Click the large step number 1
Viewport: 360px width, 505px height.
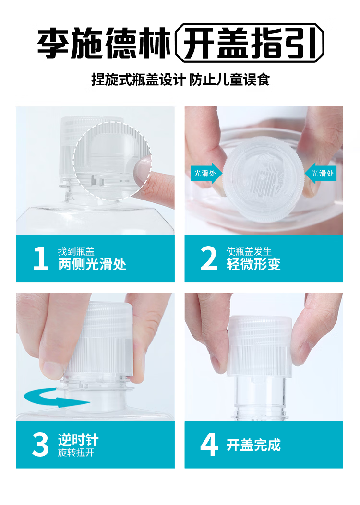click(41, 258)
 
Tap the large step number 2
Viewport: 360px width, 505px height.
click(209, 258)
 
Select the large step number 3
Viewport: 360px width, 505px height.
click(41, 445)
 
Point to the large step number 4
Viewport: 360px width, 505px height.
click(209, 445)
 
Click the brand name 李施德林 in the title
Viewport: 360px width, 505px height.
click(104, 43)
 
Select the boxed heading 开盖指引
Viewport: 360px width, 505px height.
click(249, 43)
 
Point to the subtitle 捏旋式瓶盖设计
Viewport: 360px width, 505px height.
click(138, 80)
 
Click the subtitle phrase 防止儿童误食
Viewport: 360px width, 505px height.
click(229, 80)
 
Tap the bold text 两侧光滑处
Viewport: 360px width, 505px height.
click(92, 264)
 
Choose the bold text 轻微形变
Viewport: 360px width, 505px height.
click(253, 264)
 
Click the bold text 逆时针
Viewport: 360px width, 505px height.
click(78, 440)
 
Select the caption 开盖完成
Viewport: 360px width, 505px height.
click(253, 445)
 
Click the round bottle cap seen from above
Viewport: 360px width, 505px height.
click(264, 179)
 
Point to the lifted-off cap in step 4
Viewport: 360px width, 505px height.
click(259, 346)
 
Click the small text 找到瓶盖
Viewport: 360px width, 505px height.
click(76, 251)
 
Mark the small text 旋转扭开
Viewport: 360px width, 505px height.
click(76, 453)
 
